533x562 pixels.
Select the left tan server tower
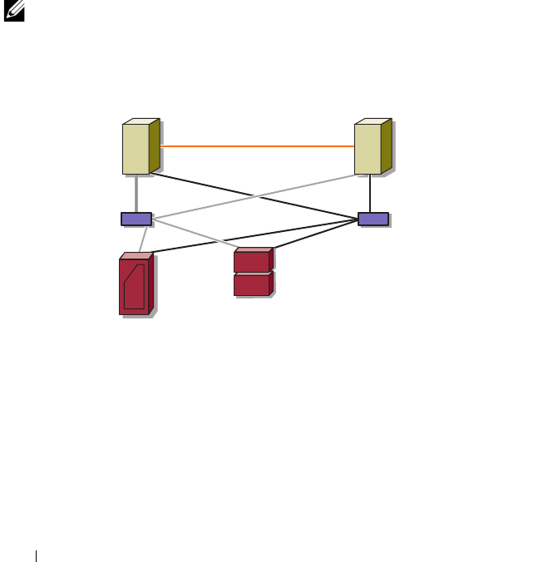click(x=136, y=149)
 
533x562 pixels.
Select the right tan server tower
click(x=368, y=149)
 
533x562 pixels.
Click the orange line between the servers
click(x=258, y=146)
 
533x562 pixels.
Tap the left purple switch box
click(x=136, y=219)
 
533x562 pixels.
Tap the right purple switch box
click(x=373, y=219)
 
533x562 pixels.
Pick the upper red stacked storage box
click(x=252, y=262)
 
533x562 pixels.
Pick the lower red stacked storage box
click(x=252, y=285)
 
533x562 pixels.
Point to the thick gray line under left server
click(x=136, y=194)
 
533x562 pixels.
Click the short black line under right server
click(x=369, y=194)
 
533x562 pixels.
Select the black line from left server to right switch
click(x=249, y=195)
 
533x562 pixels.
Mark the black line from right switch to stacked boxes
click(x=316, y=234)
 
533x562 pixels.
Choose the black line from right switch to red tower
click(x=249, y=236)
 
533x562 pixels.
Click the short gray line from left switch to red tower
click(x=145, y=239)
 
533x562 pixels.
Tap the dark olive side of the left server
click(x=155, y=146)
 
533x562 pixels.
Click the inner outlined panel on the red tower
click(x=135, y=288)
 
